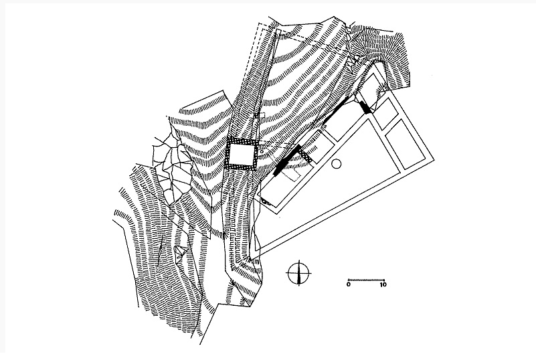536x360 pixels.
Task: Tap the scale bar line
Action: click(366, 277)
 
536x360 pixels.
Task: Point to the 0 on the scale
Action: click(349, 284)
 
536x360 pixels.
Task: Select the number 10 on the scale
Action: click(383, 284)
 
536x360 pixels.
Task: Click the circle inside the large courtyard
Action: click(337, 163)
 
